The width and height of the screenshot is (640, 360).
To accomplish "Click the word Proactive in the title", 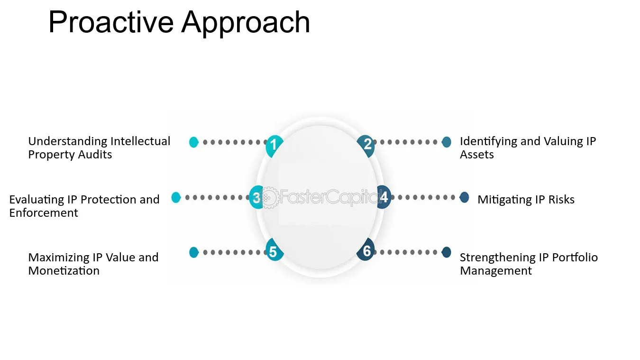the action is pyautogui.click(x=111, y=22).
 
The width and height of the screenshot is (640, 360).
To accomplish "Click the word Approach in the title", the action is pyautogui.click(x=246, y=23).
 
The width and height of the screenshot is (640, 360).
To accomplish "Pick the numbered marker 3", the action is pyautogui.click(x=256, y=197).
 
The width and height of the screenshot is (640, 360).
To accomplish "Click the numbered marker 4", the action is pyautogui.click(x=384, y=197).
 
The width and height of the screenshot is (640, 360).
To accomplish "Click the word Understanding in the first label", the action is pyautogui.click(x=68, y=141).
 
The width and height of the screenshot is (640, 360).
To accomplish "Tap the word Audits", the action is pyautogui.click(x=95, y=155).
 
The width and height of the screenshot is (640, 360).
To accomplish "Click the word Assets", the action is pyautogui.click(x=476, y=155).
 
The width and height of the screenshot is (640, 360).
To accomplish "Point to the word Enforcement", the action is pyautogui.click(x=44, y=213).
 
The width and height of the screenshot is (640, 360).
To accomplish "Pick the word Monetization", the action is pyautogui.click(x=64, y=271).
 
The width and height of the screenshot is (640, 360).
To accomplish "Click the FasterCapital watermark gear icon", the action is pyautogui.click(x=269, y=197).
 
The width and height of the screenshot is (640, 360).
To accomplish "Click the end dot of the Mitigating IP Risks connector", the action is pyautogui.click(x=464, y=197).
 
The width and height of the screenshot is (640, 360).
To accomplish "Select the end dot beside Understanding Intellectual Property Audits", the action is pyautogui.click(x=194, y=142).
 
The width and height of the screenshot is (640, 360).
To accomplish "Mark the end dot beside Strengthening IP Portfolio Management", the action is pyautogui.click(x=446, y=252).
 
